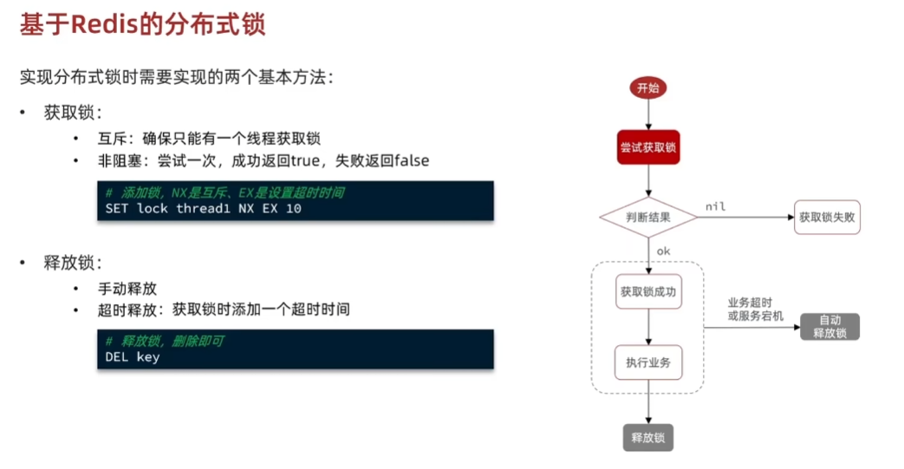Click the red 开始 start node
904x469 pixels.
click(647, 88)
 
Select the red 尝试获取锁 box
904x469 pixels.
click(648, 148)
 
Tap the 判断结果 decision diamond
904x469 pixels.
click(648, 217)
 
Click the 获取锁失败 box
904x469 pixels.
click(827, 217)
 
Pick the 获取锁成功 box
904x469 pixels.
click(648, 292)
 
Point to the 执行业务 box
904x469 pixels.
click(648, 362)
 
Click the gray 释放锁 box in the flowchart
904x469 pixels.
click(648, 436)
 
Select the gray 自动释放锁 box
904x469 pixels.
click(829, 326)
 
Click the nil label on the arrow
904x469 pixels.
click(715, 206)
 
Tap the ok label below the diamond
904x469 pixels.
click(664, 251)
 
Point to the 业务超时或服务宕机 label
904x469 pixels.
click(755, 309)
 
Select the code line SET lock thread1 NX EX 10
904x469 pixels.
click(203, 209)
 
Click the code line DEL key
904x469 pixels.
click(133, 356)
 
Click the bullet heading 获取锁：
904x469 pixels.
click(74, 113)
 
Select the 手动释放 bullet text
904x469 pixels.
click(127, 288)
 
